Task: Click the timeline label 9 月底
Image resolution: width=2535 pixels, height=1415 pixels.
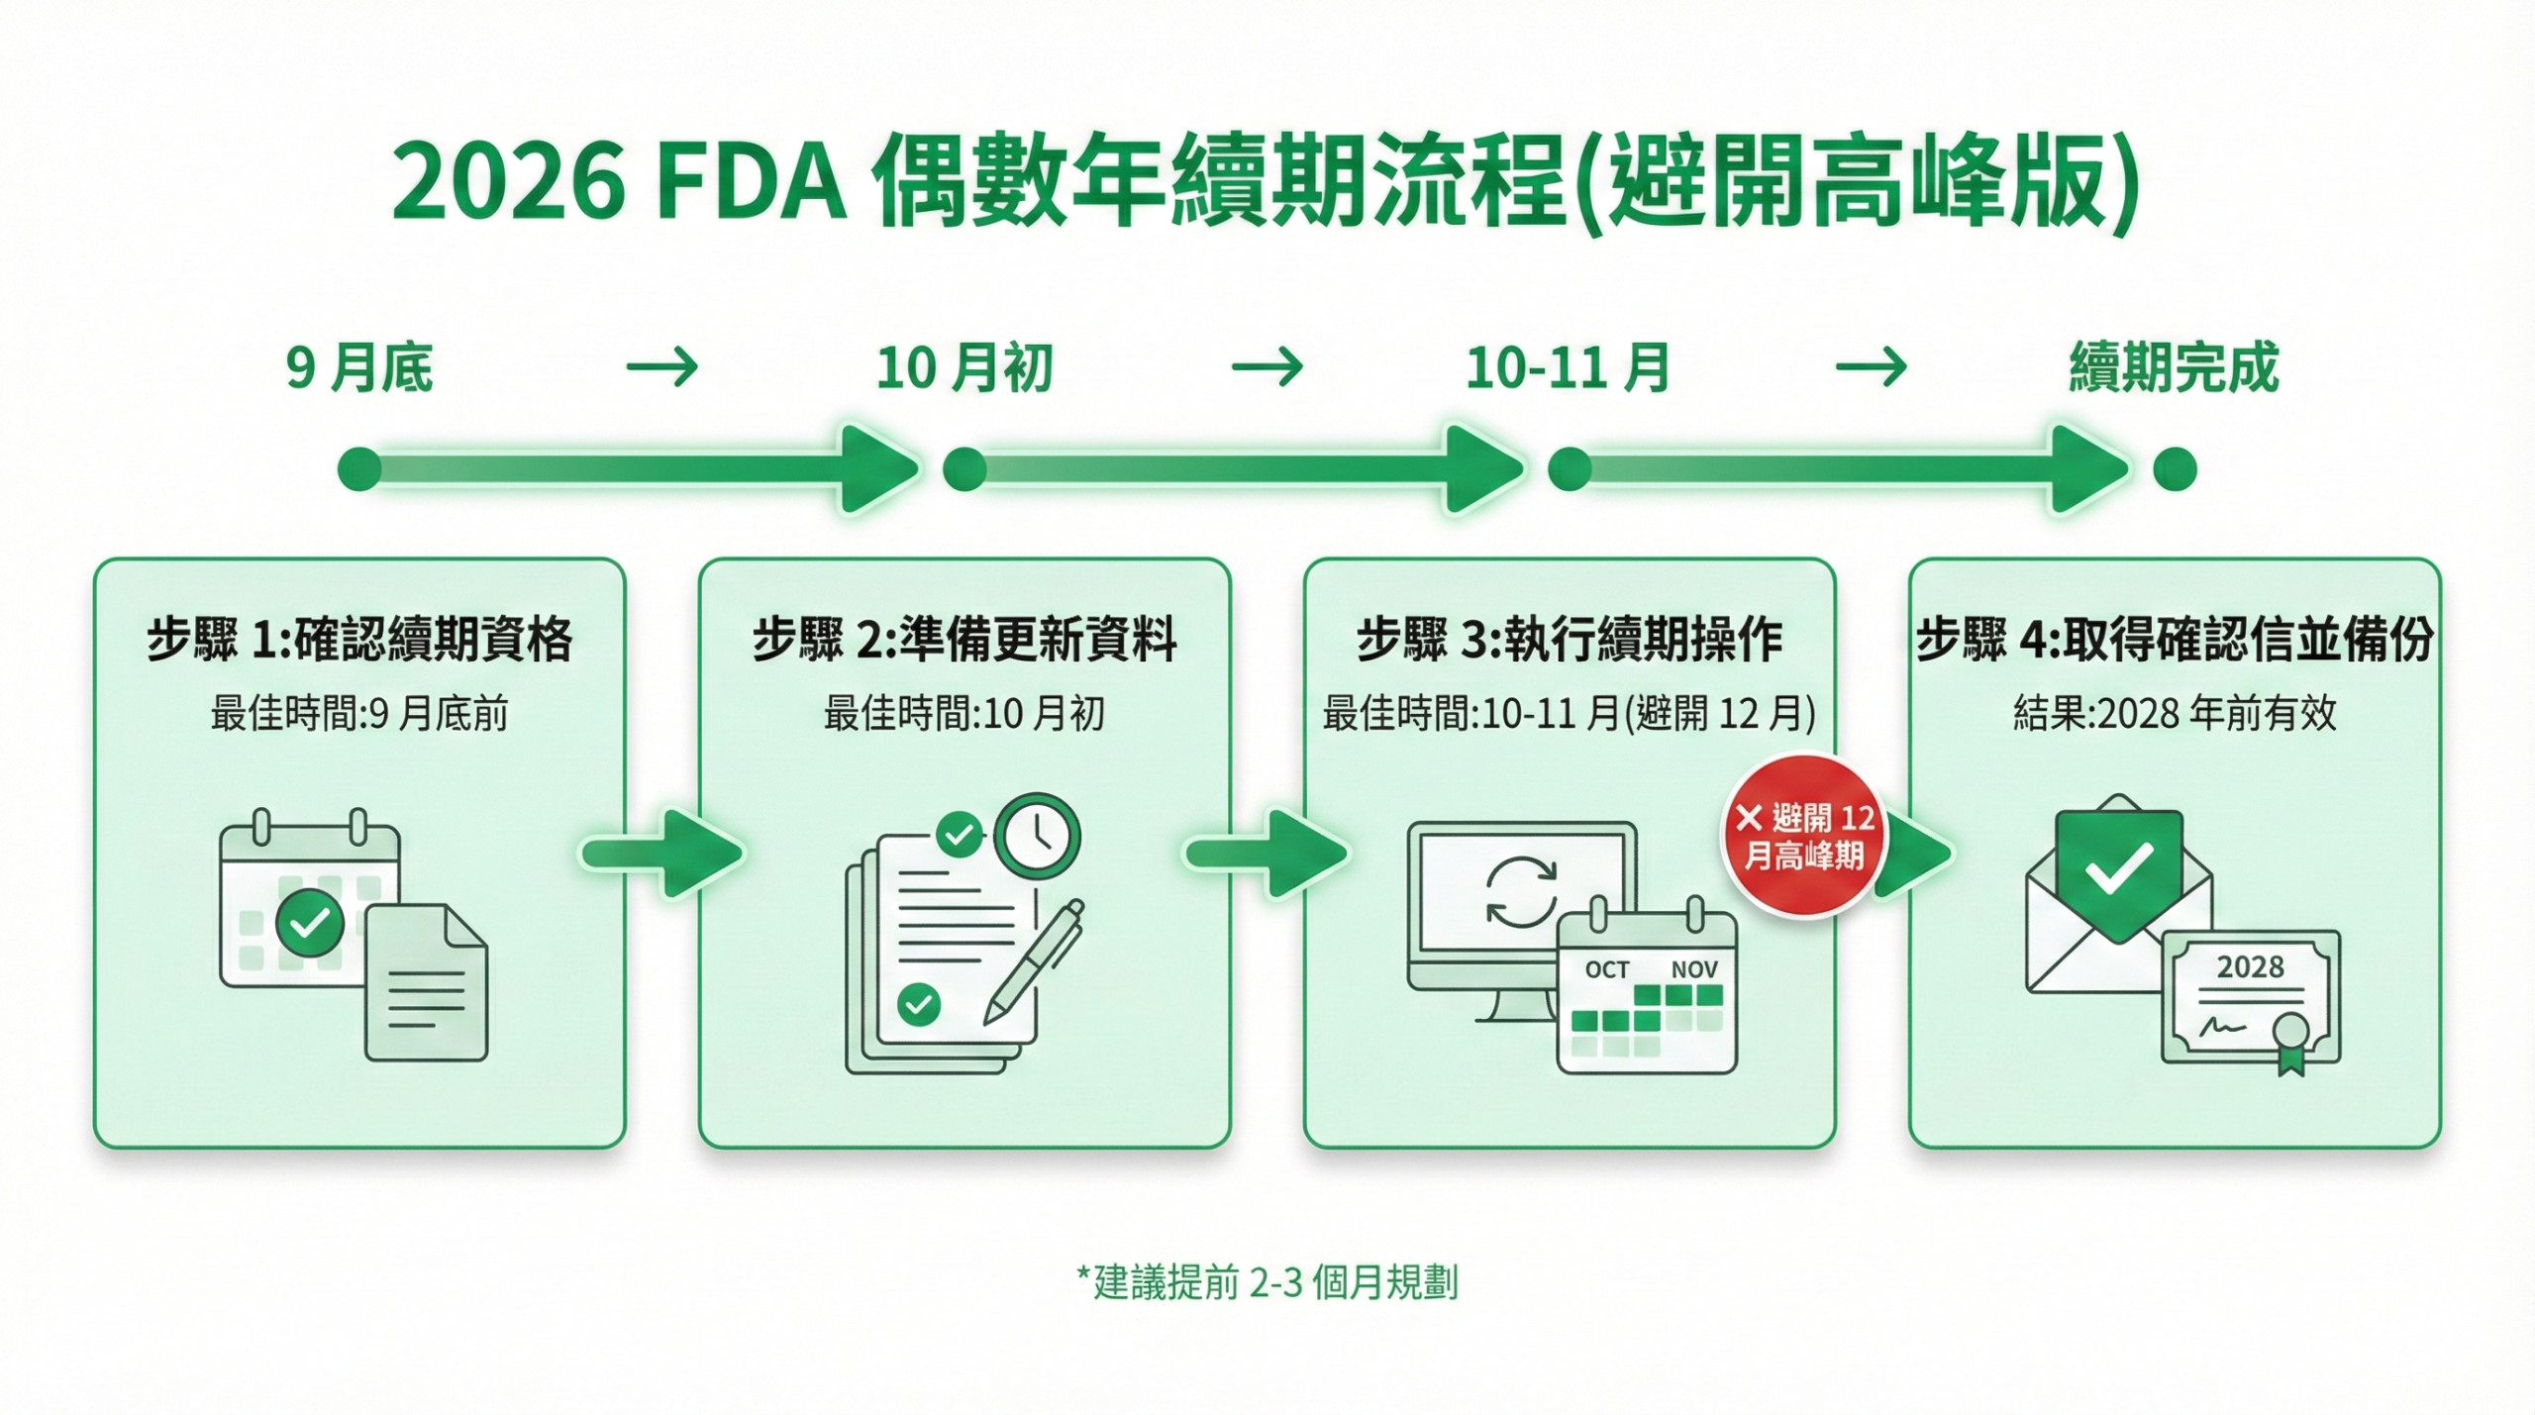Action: tap(359, 368)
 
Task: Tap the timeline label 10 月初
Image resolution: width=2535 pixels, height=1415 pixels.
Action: tap(963, 368)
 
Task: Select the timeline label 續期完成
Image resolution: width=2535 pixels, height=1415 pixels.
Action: tap(2174, 368)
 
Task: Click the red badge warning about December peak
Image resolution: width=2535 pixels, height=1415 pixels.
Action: tap(1804, 836)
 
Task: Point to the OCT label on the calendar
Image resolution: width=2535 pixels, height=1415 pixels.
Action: tap(1606, 970)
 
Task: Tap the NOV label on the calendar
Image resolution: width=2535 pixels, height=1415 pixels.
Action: tap(1694, 970)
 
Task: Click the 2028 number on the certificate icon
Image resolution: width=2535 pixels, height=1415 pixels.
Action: tap(2250, 966)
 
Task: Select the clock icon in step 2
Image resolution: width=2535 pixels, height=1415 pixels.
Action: tap(1037, 837)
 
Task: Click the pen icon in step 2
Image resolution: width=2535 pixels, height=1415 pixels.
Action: tap(1033, 961)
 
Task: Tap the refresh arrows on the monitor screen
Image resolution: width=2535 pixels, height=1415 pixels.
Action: tap(1521, 891)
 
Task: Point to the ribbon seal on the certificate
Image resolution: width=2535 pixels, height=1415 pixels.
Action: tap(2290, 1043)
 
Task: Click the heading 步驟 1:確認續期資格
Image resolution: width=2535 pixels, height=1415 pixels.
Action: tap(359, 639)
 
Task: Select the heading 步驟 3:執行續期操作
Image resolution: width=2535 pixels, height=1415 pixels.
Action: tap(1570, 639)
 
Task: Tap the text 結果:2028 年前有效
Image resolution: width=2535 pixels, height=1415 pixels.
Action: tap(2175, 713)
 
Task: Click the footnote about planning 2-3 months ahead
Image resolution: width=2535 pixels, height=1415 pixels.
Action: tap(1267, 1282)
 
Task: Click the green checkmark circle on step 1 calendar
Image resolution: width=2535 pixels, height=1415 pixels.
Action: tap(310, 922)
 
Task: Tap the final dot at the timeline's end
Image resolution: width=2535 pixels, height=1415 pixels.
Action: tap(2175, 469)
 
